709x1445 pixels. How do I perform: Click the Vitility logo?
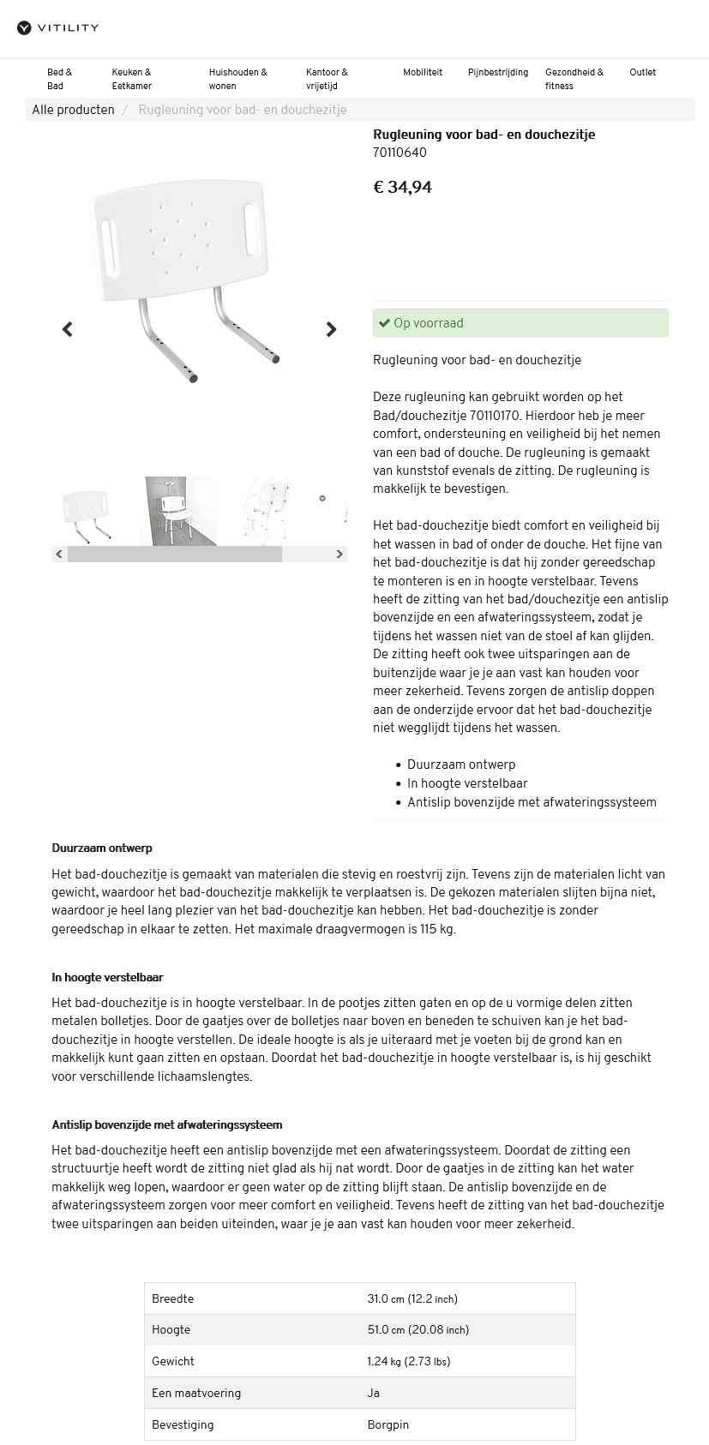click(57, 28)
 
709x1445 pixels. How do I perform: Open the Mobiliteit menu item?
click(423, 73)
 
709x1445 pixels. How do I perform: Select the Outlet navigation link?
click(642, 73)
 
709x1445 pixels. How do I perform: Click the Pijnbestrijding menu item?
click(497, 73)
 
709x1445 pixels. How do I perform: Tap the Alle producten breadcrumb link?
click(73, 110)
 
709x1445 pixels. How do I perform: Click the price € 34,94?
click(402, 187)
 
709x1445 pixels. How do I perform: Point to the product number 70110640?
click(400, 153)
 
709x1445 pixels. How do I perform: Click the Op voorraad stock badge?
click(520, 323)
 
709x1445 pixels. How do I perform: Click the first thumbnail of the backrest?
click(87, 512)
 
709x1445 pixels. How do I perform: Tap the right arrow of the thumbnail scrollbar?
click(339, 555)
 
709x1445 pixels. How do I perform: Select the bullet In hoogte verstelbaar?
click(467, 783)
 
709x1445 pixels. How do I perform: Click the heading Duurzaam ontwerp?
click(102, 848)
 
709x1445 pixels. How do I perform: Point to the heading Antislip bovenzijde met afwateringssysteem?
click(166, 1124)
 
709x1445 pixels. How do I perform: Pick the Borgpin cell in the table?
click(388, 1424)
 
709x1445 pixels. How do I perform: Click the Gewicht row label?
click(173, 1361)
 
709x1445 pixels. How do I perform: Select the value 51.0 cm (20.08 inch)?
click(418, 1330)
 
